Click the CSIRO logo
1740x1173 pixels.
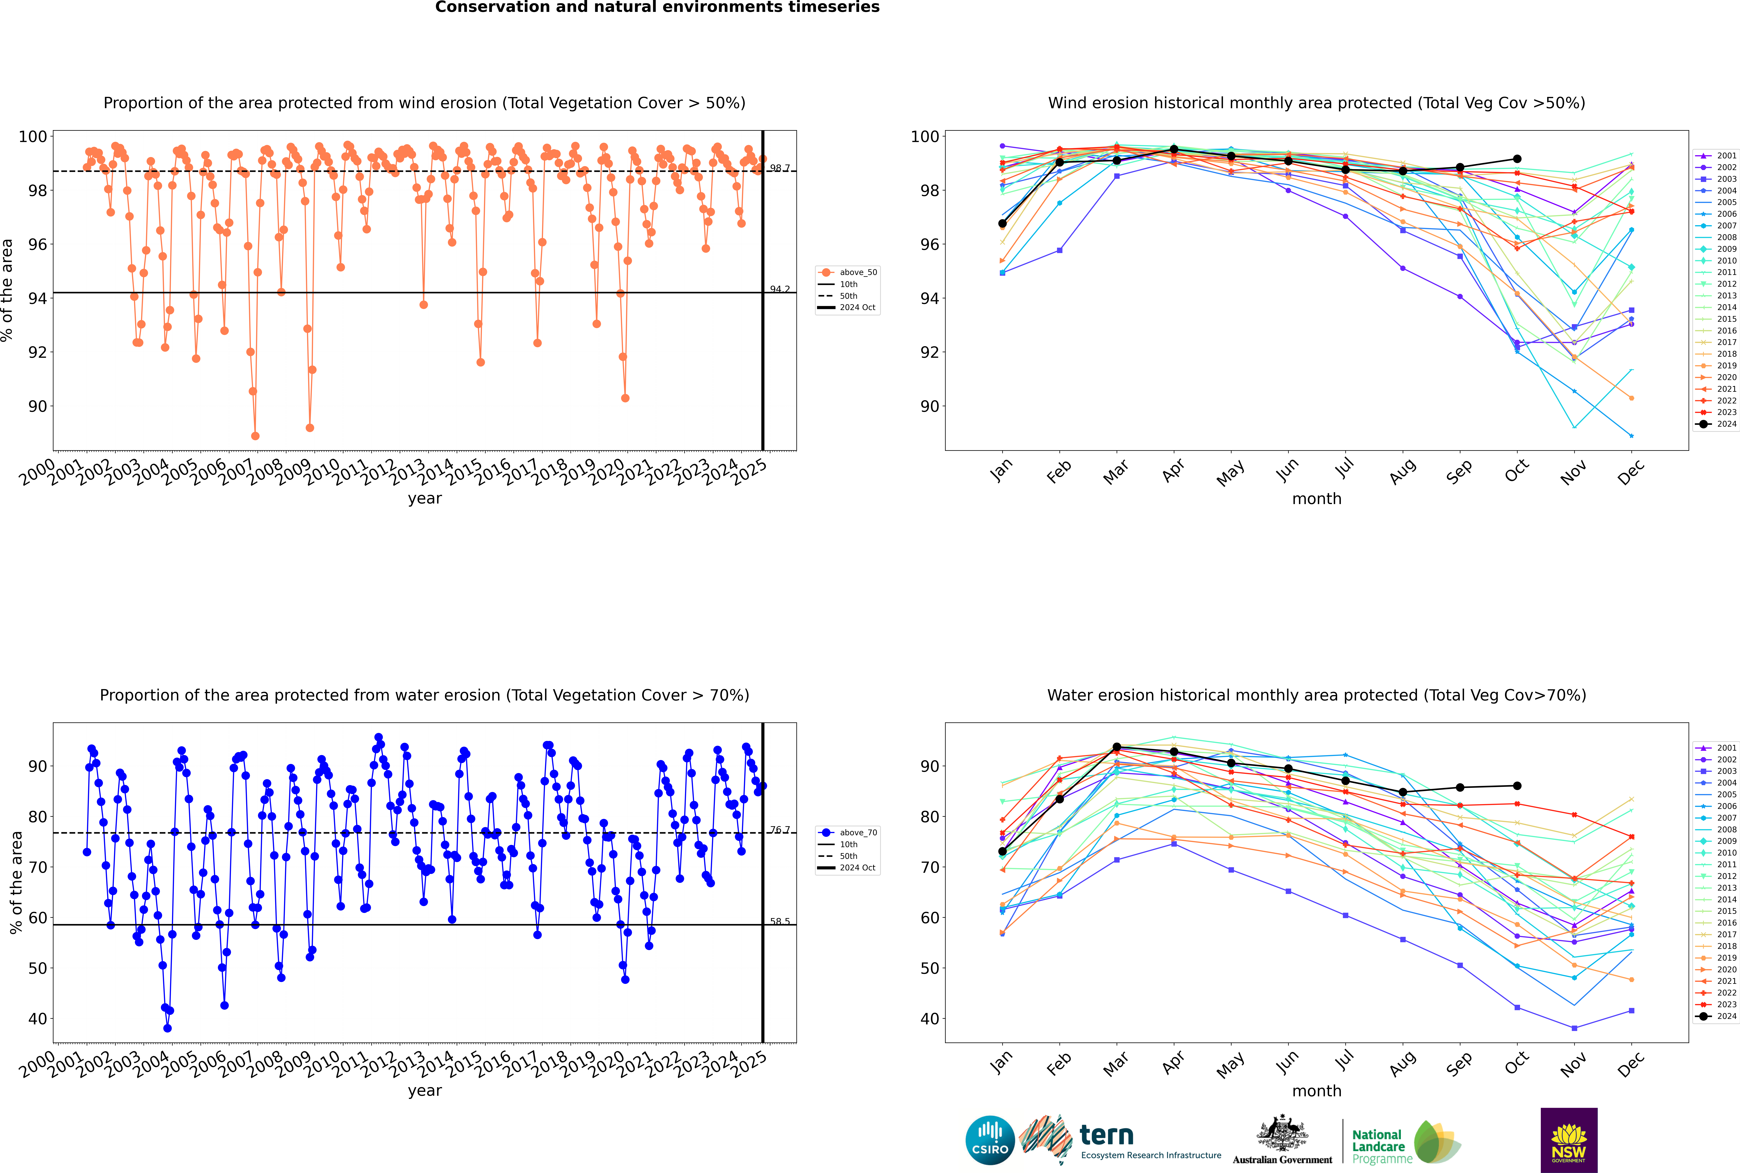(990, 1141)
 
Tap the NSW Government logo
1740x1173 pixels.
(1569, 1139)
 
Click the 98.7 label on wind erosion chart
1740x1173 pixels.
(780, 168)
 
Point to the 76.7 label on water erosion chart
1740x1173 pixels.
(780, 830)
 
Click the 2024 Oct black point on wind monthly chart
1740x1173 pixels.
(1517, 159)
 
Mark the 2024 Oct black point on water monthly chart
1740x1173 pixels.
(1517, 786)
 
